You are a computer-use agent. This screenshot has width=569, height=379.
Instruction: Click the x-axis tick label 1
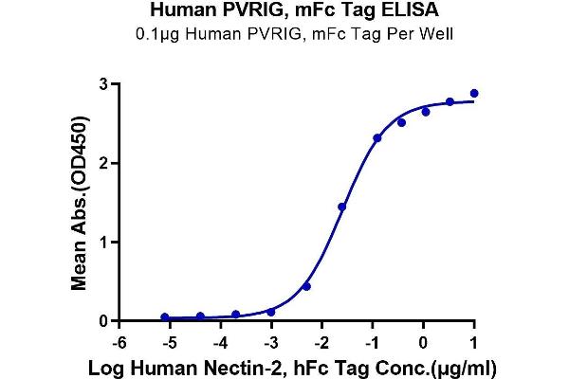click(474, 339)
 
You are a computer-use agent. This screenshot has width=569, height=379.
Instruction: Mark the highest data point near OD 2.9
click(474, 94)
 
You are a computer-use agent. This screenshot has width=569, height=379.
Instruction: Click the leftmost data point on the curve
click(165, 317)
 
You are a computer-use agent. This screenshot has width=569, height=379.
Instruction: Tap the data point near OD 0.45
click(306, 286)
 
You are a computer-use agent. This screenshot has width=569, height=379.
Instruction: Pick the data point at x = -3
click(271, 312)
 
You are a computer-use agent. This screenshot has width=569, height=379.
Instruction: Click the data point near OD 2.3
click(377, 138)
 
